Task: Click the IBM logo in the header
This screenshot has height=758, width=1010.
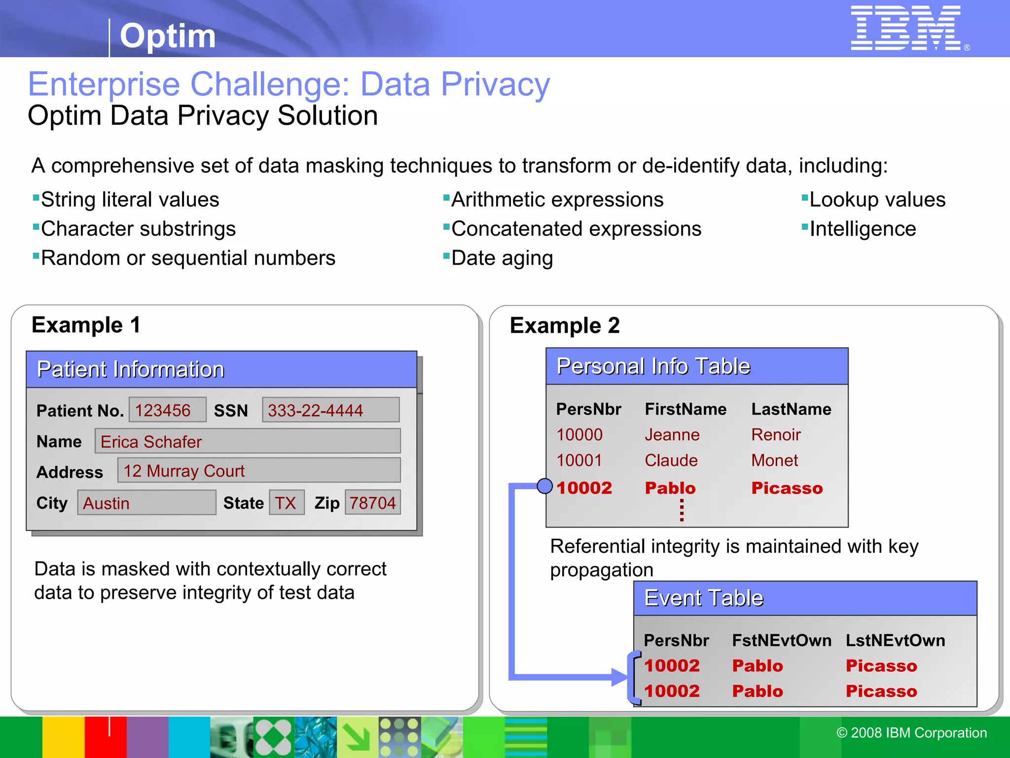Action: [x=906, y=28]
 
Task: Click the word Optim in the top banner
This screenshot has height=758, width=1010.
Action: [x=168, y=36]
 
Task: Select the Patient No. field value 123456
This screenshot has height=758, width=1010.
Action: [x=167, y=410]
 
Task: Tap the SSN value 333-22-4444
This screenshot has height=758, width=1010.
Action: [x=330, y=410]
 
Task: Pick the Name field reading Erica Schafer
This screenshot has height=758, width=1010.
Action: [x=248, y=441]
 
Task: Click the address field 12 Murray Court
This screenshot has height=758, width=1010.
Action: [x=258, y=471]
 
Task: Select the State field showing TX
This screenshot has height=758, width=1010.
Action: [x=286, y=503]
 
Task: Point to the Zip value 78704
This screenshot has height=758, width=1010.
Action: [x=373, y=503]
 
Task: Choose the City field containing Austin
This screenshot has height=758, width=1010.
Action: [x=146, y=503]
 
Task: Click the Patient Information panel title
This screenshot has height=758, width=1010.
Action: [x=131, y=369]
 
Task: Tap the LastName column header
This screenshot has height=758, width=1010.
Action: [x=791, y=409]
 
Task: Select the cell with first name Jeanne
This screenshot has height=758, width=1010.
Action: [x=672, y=435]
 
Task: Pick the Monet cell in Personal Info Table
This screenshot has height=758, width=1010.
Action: [x=774, y=460]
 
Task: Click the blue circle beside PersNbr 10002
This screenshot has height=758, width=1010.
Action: [x=544, y=486]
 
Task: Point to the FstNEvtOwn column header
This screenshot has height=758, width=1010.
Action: [x=782, y=641]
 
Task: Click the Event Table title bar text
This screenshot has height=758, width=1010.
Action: [x=704, y=598]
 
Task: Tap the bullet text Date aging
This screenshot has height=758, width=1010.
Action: [x=502, y=258]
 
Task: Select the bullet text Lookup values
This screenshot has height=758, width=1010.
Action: [x=877, y=200]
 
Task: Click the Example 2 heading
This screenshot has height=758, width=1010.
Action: [x=565, y=326]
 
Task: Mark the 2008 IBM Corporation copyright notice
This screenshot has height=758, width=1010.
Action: [x=911, y=733]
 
